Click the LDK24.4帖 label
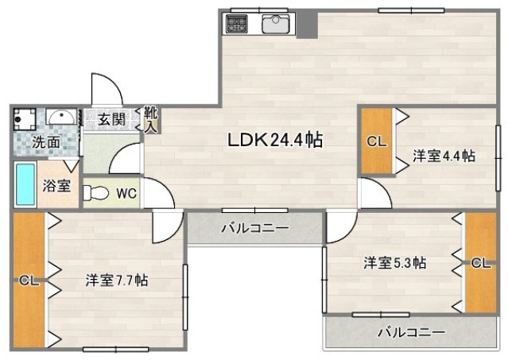pyautogui.click(x=274, y=141)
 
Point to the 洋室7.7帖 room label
pyautogui.click(x=116, y=280)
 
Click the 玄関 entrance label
pyautogui.click(x=111, y=119)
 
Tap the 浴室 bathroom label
pyautogui.click(x=56, y=187)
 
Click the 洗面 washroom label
pyautogui.click(x=45, y=144)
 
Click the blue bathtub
pyautogui.click(x=24, y=185)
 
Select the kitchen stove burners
pyautogui.click(x=236, y=25)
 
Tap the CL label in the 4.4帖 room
pyautogui.click(x=376, y=142)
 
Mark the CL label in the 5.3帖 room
pyautogui.click(x=480, y=264)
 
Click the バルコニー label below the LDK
pyautogui.click(x=254, y=228)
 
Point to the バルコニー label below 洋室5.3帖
pyautogui.click(x=411, y=331)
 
